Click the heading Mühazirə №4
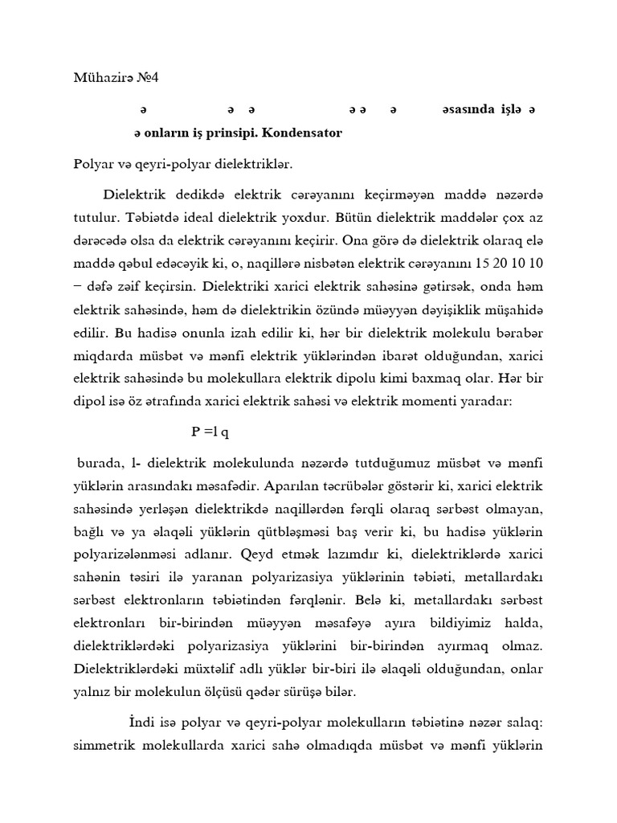pos(117,78)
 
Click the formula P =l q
pos(210,432)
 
